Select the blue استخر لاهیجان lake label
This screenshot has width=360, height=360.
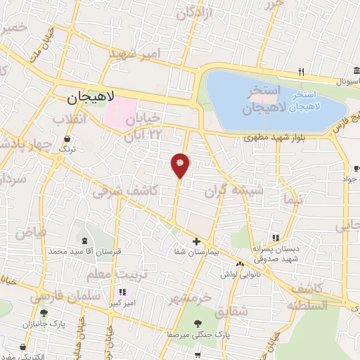tap(315, 99)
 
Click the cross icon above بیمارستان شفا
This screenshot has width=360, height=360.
tap(196, 241)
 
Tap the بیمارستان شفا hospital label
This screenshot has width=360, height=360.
tap(196, 252)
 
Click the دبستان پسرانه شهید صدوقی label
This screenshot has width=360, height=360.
tap(275, 252)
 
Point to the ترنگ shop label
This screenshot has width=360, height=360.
tap(66, 149)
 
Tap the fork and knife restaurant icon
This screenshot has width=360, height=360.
tap(300, 71)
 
